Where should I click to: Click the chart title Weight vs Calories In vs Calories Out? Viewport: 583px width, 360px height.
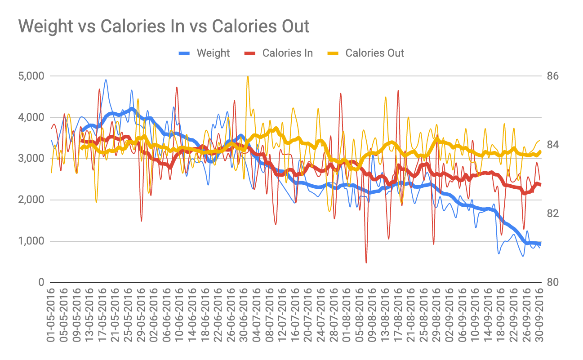[x=164, y=27]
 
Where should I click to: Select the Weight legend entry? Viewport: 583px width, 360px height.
[x=213, y=53]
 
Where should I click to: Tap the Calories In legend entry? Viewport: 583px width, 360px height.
[x=287, y=53]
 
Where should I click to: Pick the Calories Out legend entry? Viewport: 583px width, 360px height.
[x=374, y=53]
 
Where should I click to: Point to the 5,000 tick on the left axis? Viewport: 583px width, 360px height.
[x=31, y=76]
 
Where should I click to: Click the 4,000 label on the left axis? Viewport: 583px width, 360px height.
[x=31, y=117]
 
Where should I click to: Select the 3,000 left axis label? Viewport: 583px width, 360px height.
[x=31, y=159]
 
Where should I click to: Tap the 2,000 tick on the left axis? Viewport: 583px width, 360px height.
[x=31, y=200]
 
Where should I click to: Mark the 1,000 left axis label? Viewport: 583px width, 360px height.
[x=31, y=241]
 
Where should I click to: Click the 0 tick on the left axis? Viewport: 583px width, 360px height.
[x=40, y=283]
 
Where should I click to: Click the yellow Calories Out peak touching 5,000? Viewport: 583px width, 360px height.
[x=248, y=77]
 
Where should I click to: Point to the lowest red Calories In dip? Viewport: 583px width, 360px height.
[x=366, y=262]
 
